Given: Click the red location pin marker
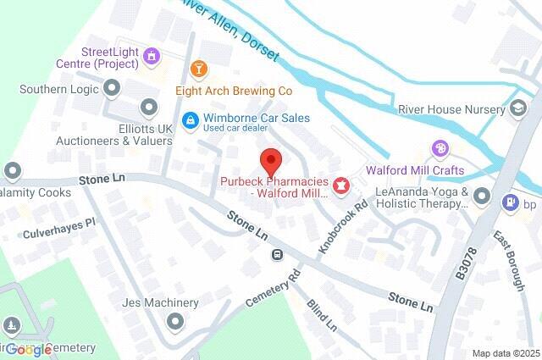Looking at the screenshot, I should pos(269,159).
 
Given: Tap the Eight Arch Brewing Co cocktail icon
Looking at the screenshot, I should pos(198,68).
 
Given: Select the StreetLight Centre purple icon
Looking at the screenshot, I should pos(152,56).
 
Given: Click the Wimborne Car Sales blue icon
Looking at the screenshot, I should pos(191,120).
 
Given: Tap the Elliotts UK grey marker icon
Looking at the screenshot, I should pos(150,106).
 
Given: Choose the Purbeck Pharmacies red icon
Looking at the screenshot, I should pos(341,185).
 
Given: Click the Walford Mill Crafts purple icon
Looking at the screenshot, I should pos(440,149).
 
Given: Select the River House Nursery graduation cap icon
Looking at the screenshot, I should pos(517,109).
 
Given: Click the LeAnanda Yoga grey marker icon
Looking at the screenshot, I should pos(482,197).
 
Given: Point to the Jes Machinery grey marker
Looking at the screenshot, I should pos(174,321).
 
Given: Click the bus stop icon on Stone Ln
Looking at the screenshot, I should pos(276,255).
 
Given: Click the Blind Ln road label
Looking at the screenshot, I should pos(322,314).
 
